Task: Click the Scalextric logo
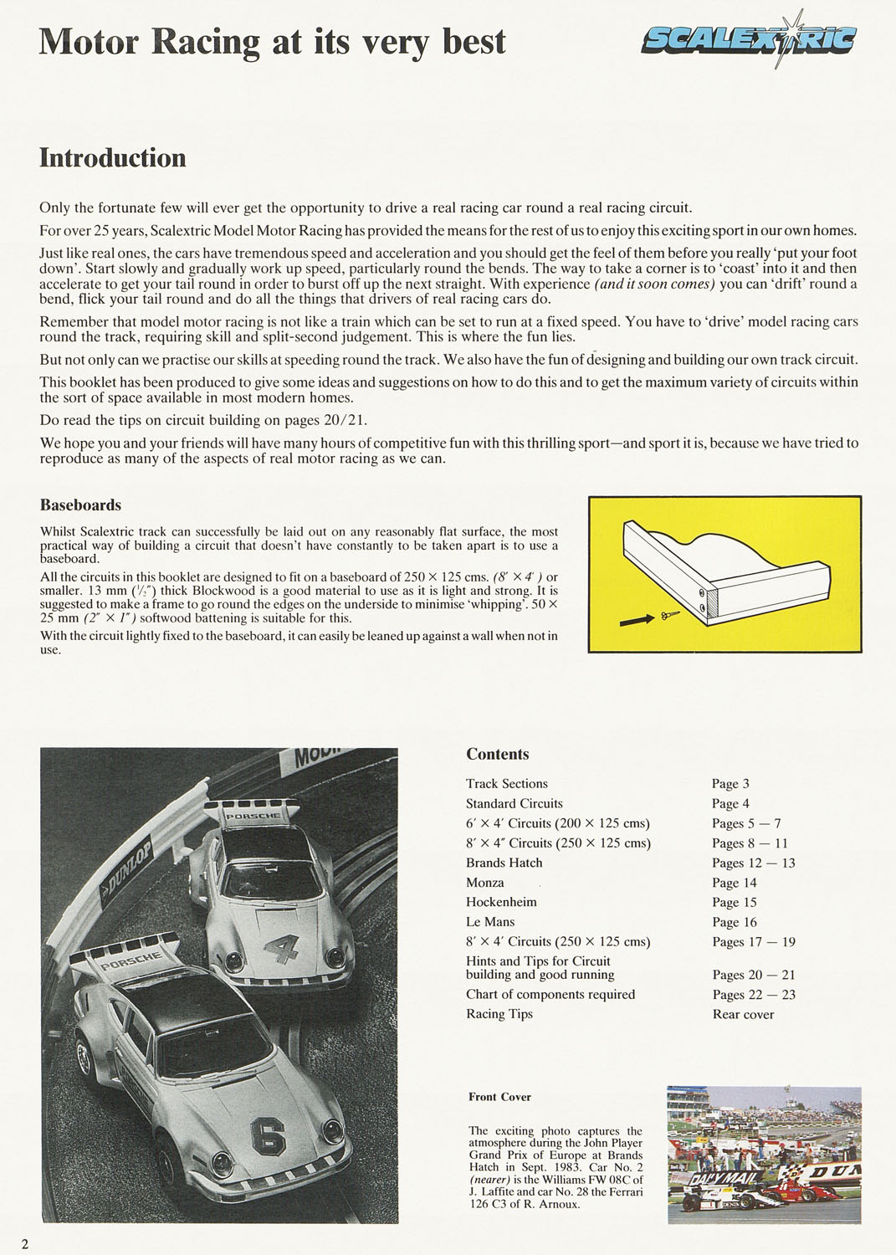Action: (x=749, y=39)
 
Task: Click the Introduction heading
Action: (x=113, y=158)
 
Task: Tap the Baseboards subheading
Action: (x=80, y=505)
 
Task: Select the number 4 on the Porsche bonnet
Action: (x=282, y=948)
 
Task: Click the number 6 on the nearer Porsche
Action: (x=268, y=1138)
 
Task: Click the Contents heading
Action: (x=498, y=755)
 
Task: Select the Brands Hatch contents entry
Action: (x=504, y=863)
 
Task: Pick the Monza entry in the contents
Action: (x=485, y=883)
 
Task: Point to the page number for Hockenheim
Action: (x=735, y=903)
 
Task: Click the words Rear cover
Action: (x=743, y=1015)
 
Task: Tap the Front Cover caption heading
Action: (x=499, y=1097)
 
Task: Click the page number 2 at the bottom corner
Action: (x=25, y=1244)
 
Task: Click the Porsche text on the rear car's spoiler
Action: (x=253, y=816)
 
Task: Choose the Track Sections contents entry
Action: (x=507, y=784)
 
